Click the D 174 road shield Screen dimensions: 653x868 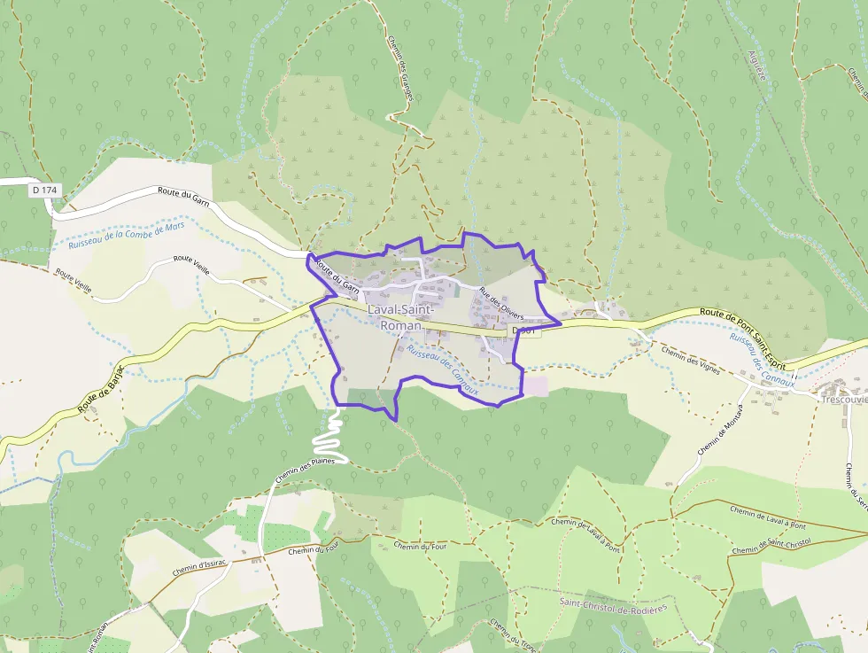click(43, 190)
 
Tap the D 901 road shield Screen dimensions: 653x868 click(525, 330)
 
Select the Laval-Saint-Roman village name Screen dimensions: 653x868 click(400, 317)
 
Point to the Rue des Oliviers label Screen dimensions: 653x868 click(501, 304)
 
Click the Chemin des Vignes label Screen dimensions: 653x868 click(692, 356)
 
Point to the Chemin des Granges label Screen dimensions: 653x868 click(401, 66)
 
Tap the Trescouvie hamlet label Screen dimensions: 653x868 click(843, 400)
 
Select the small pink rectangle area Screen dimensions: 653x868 click(536, 386)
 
